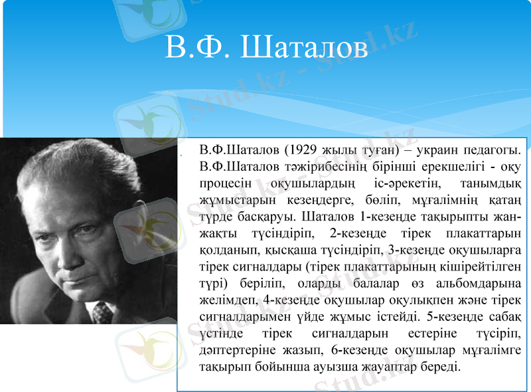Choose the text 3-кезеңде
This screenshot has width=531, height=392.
pos(416,250)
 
